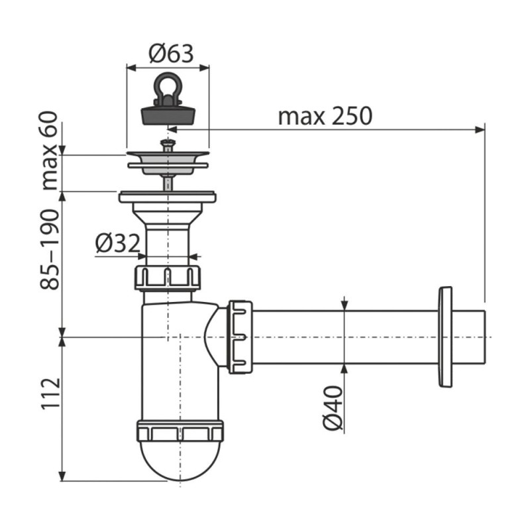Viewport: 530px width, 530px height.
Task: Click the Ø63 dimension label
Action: click(171, 54)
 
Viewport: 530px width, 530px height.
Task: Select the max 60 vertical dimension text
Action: click(49, 151)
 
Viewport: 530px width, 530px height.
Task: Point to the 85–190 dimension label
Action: click(49, 250)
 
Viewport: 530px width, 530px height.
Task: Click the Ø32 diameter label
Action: click(118, 243)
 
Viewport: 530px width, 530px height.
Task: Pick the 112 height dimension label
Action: click(50, 394)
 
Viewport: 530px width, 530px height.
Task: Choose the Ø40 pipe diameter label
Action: click(333, 408)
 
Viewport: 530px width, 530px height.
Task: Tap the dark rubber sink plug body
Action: click(168, 115)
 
